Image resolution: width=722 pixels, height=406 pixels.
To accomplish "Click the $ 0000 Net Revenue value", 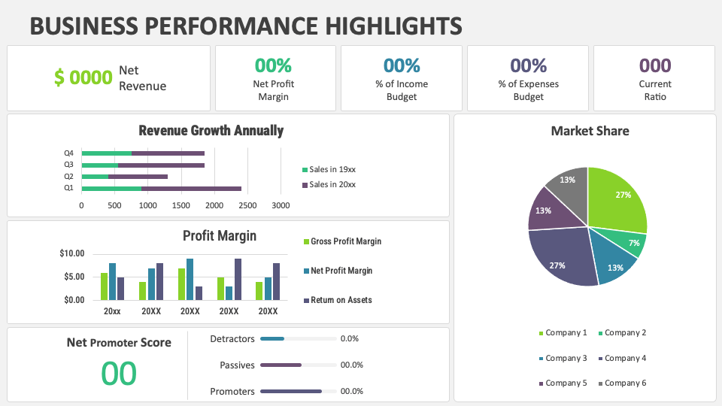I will coord(83,77).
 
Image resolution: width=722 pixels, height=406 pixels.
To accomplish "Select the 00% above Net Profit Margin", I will coord(273,65).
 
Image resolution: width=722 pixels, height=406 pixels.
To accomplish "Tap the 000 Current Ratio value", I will coord(655,65).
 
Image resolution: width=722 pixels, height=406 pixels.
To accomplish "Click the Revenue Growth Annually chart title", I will coord(211,131).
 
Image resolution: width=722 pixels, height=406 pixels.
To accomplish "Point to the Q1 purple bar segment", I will coord(191,188).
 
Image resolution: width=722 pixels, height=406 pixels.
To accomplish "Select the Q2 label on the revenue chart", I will coord(69,176).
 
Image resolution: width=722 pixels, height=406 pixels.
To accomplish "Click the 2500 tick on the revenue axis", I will coord(247,205).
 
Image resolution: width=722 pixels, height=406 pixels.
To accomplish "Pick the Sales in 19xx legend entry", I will coord(329,169).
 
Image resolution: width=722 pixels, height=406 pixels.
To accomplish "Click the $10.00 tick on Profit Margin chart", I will coord(72,253).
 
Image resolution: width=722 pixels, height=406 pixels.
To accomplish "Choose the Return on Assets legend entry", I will coord(341,300).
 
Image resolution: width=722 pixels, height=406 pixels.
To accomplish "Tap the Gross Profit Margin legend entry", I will coord(345,241).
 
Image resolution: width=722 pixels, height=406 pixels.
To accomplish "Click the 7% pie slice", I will coord(632,244).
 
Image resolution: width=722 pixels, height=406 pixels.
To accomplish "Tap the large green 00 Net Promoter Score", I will coord(119,374).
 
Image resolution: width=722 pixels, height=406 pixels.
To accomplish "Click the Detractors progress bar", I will coord(298,339).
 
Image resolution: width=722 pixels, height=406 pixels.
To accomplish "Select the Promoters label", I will coord(232,392).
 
